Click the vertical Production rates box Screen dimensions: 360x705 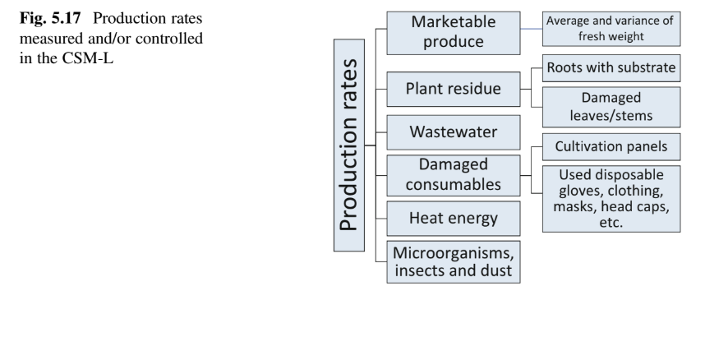[356, 144]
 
